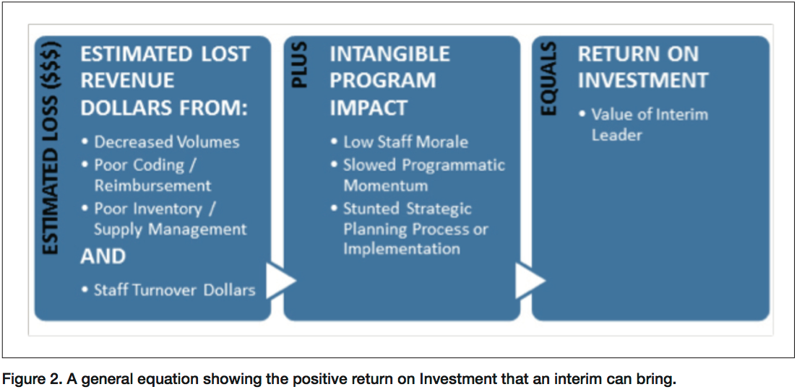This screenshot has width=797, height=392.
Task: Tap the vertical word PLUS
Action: click(x=301, y=65)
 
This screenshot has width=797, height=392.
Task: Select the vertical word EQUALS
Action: click(x=549, y=78)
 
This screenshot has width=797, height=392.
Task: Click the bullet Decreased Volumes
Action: click(x=160, y=141)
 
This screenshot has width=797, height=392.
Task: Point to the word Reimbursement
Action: click(x=152, y=186)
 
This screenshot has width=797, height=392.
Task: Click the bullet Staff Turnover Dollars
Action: click(x=168, y=290)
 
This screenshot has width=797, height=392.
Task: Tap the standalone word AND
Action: click(x=103, y=256)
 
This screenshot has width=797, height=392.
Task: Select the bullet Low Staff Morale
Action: click(x=399, y=141)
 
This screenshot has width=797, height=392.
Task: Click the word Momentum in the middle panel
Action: click(x=386, y=186)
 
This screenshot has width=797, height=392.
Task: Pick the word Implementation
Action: click(x=402, y=249)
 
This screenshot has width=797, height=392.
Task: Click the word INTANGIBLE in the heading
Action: click(x=389, y=54)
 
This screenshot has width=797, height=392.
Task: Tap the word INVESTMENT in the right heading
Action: click(x=642, y=81)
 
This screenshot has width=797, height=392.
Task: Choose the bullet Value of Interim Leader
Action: click(x=644, y=124)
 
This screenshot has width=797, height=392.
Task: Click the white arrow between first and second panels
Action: click(x=281, y=280)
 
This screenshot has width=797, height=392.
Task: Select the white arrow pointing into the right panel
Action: click(x=530, y=280)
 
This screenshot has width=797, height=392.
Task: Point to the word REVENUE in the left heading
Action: click(x=128, y=81)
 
